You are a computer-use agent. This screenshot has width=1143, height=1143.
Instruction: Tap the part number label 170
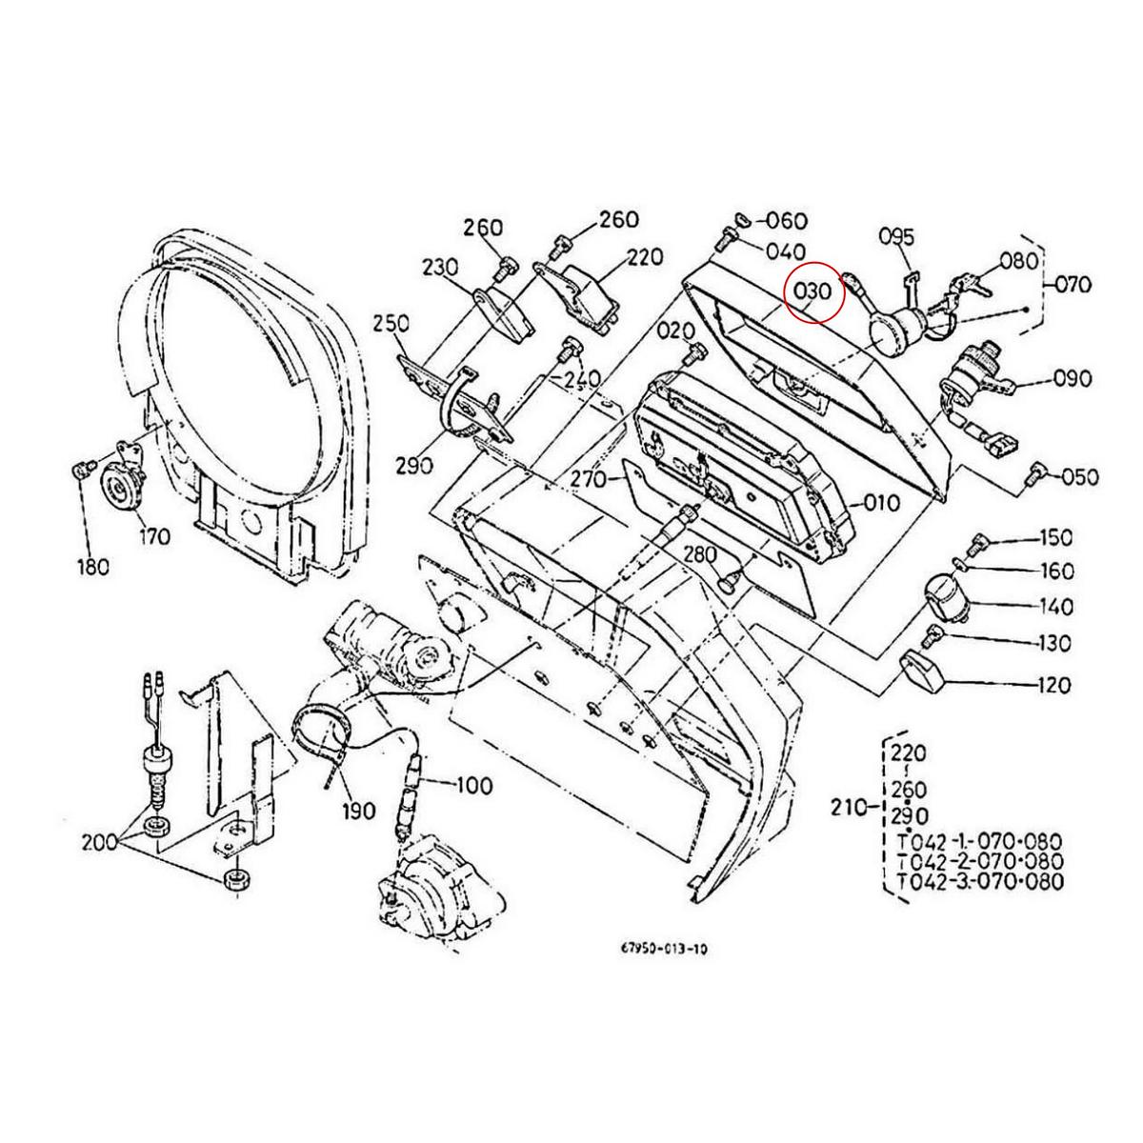(153, 536)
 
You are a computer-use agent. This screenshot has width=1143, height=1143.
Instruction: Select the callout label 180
(92, 567)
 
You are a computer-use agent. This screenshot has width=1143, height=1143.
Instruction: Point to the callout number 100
(473, 786)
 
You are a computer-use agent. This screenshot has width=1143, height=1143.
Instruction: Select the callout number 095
(895, 235)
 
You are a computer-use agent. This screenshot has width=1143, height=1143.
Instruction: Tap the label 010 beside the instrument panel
(882, 502)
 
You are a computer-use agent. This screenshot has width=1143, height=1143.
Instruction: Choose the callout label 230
(442, 266)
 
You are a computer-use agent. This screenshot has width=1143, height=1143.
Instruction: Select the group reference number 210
(847, 809)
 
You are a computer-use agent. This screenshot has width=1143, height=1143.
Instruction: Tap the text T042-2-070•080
(980, 862)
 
